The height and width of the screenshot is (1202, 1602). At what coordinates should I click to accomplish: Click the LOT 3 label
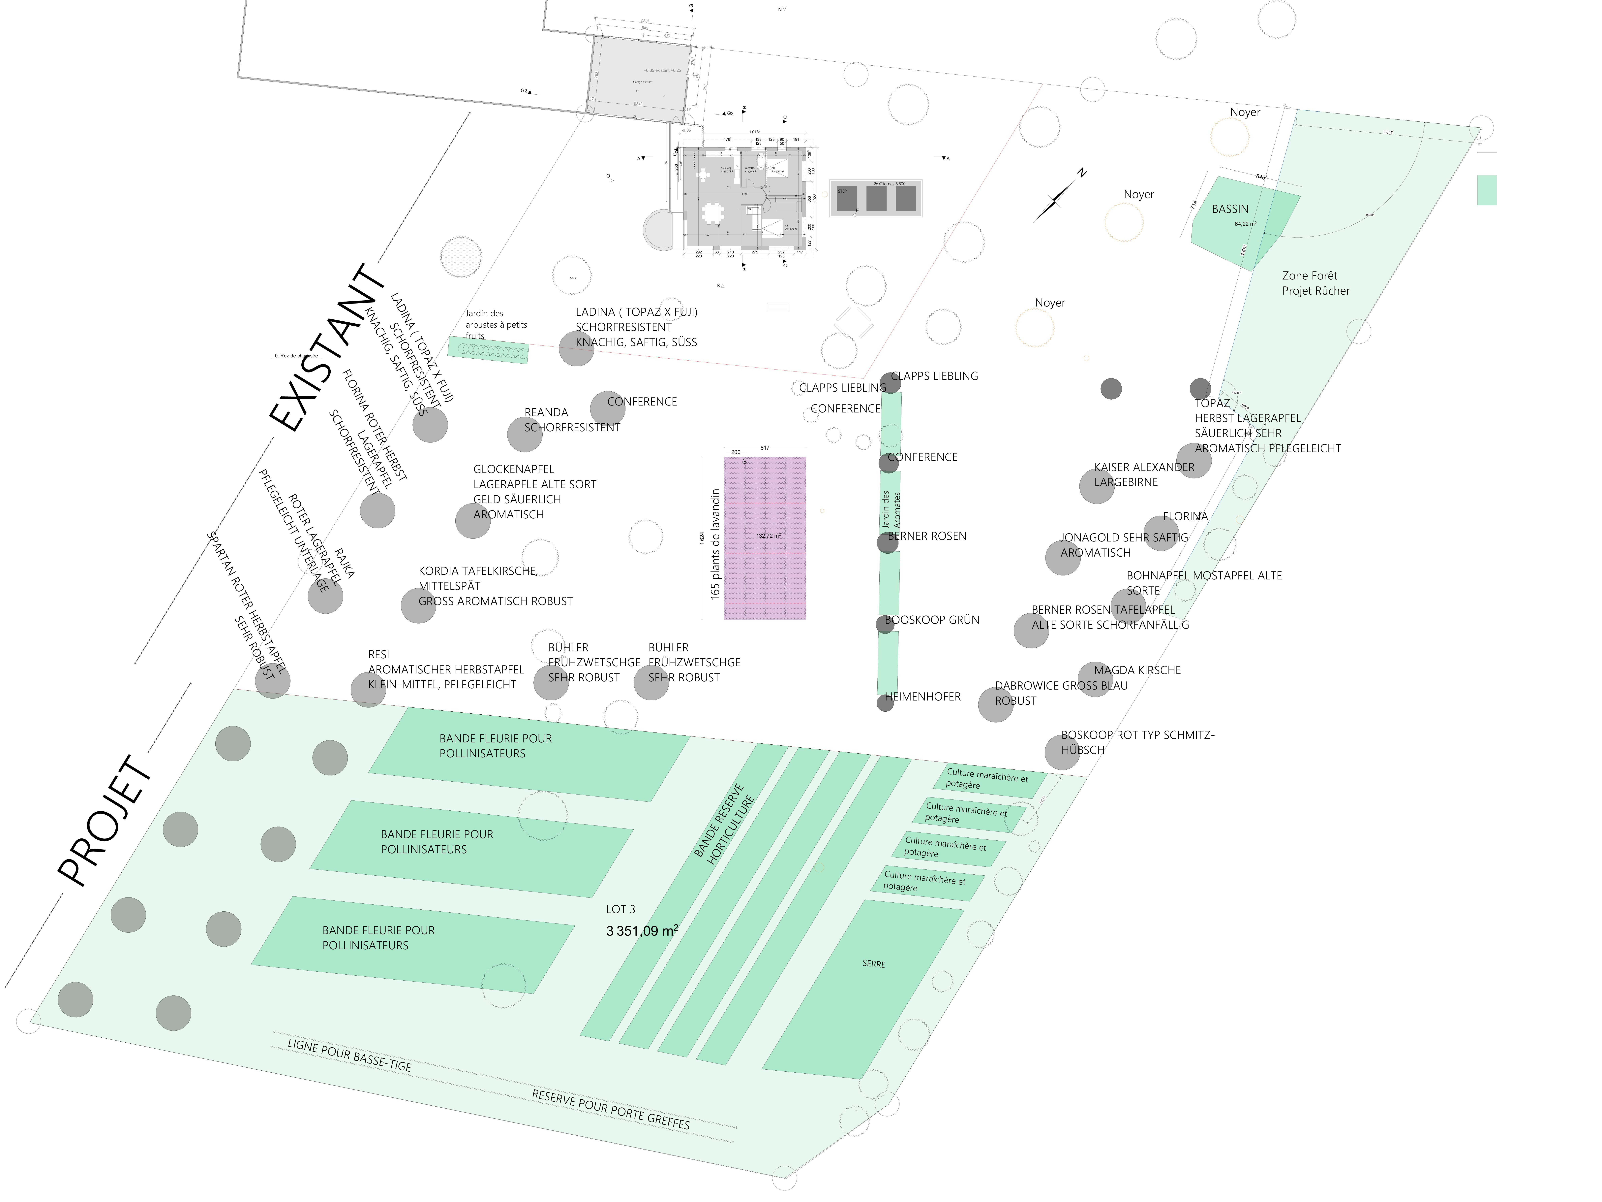point(621,909)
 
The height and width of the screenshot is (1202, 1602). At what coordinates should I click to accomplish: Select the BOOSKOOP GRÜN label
point(932,620)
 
